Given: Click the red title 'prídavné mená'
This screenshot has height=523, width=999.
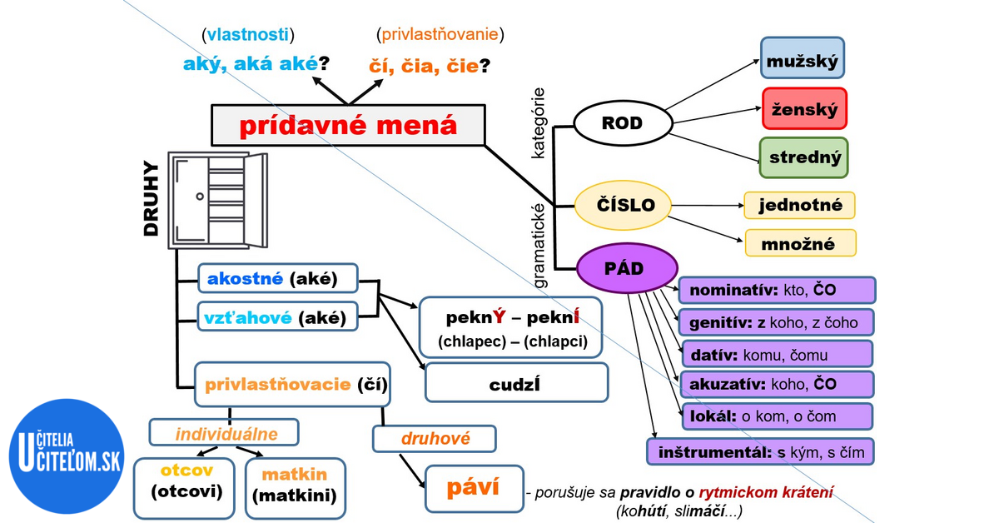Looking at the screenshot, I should pos(348,126).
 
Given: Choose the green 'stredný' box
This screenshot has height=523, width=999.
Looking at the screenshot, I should pos(803,157).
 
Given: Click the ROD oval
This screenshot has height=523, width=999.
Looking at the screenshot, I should pos(622,123).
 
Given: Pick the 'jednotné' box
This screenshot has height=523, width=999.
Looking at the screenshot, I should pos(800,205).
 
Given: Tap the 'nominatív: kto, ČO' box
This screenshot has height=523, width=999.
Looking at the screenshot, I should pos(778,290).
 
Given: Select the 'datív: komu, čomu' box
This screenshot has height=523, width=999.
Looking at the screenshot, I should pos(778,354).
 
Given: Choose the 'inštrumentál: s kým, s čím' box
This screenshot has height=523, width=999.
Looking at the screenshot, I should pos(760,452).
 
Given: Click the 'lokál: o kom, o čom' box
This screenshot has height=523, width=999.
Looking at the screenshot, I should pos(778,416).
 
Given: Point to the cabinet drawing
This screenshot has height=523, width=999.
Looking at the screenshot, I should pos(216,199).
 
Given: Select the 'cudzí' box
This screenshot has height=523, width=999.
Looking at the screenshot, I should pos(516,385).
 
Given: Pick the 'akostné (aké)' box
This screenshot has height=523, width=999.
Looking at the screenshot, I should pos(277,279).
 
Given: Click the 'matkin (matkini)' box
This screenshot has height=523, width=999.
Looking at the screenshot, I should pos(295,486).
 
